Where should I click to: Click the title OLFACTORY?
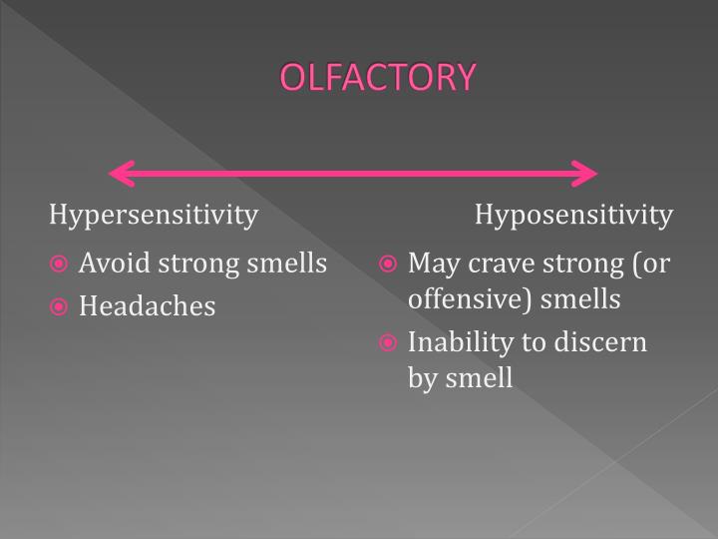coord(378,77)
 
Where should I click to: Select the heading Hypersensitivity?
coord(155,215)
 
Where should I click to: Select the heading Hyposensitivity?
coord(573,215)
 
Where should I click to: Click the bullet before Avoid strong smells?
coord(61,265)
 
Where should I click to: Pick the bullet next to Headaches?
coord(61,306)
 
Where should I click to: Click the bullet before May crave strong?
coord(390,265)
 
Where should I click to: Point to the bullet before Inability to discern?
coord(390,343)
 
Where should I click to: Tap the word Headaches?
coord(147,306)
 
